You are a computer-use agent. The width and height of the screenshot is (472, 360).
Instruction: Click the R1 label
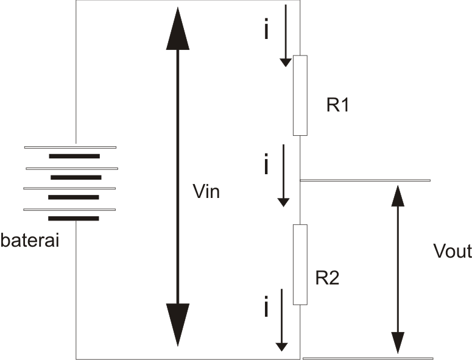coord(337,105)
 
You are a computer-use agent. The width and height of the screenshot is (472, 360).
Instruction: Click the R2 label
coord(327,278)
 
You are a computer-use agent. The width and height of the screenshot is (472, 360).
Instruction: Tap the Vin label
coord(205,192)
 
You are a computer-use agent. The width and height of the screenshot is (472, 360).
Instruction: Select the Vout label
coord(451,251)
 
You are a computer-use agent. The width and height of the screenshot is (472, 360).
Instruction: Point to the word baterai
coord(30,241)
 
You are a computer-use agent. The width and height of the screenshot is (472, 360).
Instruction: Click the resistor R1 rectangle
coord(300,95)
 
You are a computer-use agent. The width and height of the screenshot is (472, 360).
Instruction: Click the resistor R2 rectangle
coord(300,264)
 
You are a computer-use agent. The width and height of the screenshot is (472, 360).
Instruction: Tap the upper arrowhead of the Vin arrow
coord(178,27)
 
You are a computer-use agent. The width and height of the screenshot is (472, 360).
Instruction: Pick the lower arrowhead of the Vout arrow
coord(397,342)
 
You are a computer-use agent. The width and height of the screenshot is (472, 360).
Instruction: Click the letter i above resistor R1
coord(266,30)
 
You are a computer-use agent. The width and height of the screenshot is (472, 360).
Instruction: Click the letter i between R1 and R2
coord(266,166)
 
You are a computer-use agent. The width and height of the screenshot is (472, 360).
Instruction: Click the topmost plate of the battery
coord(70,147)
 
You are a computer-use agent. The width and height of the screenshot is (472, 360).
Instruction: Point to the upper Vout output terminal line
coord(365,181)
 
